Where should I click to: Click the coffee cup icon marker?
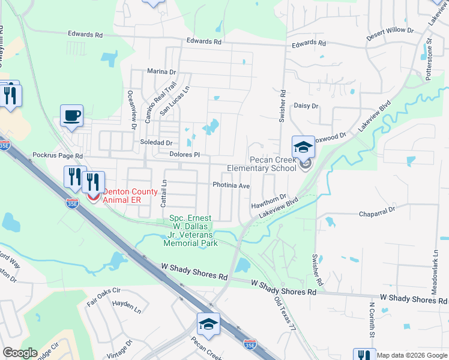[71, 115]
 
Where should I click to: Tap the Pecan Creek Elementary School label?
[262, 164]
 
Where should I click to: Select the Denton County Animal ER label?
[131, 196]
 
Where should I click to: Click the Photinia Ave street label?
[231, 185]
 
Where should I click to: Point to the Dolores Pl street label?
[184, 154]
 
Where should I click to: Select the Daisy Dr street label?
[306, 106]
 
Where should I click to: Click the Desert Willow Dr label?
[390, 30]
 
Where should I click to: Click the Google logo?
[20, 353]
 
